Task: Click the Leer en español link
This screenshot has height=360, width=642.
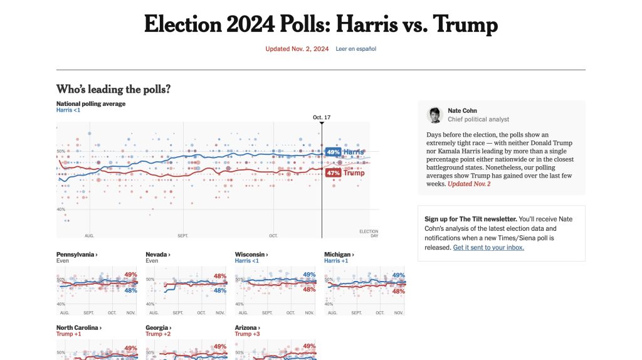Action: tap(355, 48)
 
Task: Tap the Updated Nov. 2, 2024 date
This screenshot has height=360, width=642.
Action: tap(297, 48)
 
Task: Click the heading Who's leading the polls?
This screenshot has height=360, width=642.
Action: tap(113, 89)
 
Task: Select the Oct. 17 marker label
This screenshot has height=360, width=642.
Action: tap(322, 117)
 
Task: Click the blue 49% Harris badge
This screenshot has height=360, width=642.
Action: tap(333, 152)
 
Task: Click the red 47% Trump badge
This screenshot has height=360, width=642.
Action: tap(333, 172)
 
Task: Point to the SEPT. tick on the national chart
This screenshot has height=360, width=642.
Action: tap(183, 236)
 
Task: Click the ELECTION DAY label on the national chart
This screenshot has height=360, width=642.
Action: tap(369, 233)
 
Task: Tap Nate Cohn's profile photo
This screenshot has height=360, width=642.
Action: tap(435, 115)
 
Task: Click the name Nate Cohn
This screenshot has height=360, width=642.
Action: tap(462, 110)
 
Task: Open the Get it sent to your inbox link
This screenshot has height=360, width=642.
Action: tap(488, 247)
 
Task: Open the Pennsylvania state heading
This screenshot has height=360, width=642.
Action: tap(76, 255)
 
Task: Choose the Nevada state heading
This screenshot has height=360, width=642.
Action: tap(158, 255)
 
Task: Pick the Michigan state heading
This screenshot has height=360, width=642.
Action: tap(339, 255)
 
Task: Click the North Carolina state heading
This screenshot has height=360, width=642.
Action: tap(79, 327)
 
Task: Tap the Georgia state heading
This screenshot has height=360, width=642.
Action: tap(158, 327)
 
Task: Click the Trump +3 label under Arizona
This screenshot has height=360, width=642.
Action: tap(248, 334)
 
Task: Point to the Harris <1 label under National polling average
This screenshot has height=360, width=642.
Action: tap(68, 110)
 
